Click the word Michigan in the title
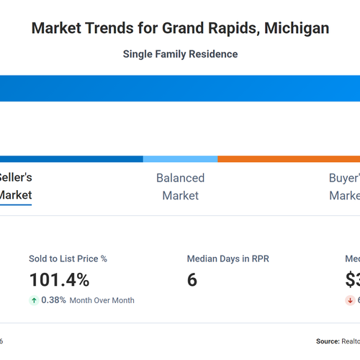click(297, 29)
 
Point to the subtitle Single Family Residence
click(180, 54)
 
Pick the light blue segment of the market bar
click(180, 159)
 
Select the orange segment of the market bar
click(288, 159)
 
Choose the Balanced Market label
click(180, 186)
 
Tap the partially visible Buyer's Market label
click(343, 186)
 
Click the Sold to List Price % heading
click(68, 258)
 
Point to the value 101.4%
click(59, 279)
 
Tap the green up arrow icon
click(34, 300)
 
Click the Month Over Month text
click(102, 300)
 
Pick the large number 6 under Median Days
click(192, 279)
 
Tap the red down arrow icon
click(351, 300)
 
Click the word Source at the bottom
click(328, 341)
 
